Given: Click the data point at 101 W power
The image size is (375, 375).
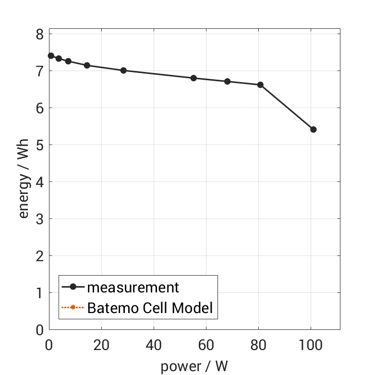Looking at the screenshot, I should (x=314, y=130).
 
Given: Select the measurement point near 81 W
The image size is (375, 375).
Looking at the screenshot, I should (x=260, y=85).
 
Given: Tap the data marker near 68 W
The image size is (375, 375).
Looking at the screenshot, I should (x=227, y=82).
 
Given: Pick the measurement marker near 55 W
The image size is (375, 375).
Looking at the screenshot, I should (x=194, y=78).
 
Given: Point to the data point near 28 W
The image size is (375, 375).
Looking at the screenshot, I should (x=123, y=71).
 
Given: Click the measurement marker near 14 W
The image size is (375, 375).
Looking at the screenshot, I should (x=87, y=65).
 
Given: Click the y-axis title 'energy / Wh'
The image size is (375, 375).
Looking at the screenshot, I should (x=24, y=179).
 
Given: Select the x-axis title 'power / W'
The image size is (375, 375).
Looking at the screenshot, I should (x=194, y=366).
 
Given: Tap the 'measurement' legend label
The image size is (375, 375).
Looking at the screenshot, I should (x=133, y=287).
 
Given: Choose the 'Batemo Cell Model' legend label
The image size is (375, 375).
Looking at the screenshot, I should (x=150, y=307).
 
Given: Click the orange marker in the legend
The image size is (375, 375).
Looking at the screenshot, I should (x=73, y=307).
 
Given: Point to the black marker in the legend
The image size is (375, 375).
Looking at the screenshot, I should (x=73, y=287).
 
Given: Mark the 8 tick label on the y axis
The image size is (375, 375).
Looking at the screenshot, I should (x=39, y=34).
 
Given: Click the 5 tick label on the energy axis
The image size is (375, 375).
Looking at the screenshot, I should (x=39, y=145).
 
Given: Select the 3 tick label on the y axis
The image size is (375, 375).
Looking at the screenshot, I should (x=39, y=219).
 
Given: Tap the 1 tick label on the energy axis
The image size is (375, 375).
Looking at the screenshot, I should (x=39, y=293).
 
